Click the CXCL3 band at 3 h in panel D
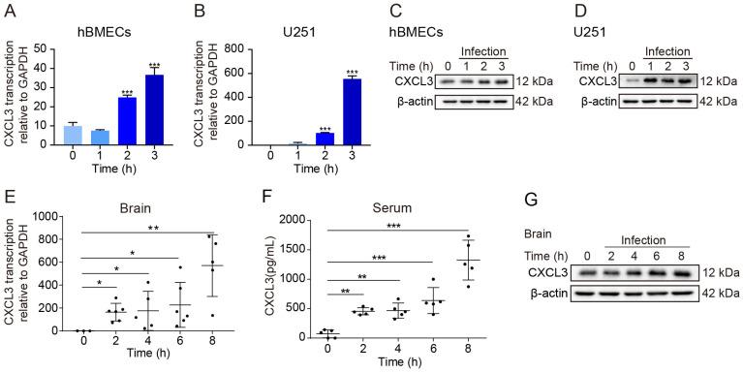click(684, 82)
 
